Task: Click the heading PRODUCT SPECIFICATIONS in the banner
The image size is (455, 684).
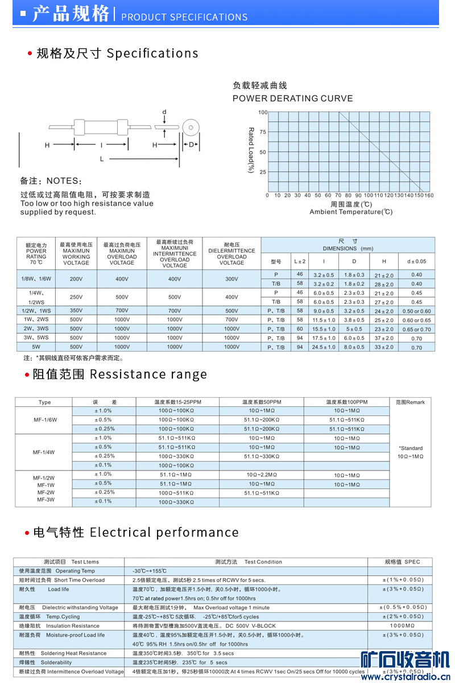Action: click(x=184, y=17)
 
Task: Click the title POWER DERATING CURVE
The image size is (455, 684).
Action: click(x=292, y=98)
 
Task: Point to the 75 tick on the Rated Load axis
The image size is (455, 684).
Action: click(x=262, y=132)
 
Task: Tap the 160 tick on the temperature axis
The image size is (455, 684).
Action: click(x=428, y=195)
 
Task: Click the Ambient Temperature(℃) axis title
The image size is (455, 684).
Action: click(x=351, y=212)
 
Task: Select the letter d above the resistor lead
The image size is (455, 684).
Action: click(x=164, y=112)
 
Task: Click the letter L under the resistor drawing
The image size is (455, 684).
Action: click(x=102, y=159)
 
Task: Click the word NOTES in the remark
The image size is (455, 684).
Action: click(x=63, y=181)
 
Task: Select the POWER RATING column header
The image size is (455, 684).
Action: click(x=36, y=254)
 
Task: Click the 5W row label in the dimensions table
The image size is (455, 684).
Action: click(x=36, y=347)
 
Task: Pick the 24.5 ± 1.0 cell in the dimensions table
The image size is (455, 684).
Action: click(x=324, y=347)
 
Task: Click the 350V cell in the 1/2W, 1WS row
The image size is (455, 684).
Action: click(x=76, y=311)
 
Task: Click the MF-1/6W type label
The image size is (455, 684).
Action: click(x=44, y=420)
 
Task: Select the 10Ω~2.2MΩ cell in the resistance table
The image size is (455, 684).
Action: click(x=262, y=475)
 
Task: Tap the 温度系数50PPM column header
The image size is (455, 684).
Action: click(x=262, y=402)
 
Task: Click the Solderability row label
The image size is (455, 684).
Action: click(x=56, y=662)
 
